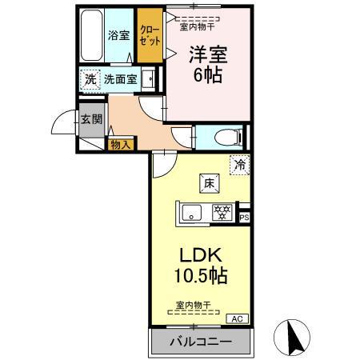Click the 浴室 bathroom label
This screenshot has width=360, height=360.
(118, 35)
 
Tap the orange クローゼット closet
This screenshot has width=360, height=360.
(150, 35)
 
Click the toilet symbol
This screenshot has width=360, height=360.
(227, 136)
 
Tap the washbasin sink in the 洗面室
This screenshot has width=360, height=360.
(148, 79)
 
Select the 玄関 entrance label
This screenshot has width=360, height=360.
(90, 120)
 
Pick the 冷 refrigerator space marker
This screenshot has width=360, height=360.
(239, 165)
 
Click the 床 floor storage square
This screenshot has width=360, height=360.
(206, 183)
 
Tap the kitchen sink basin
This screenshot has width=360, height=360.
(193, 213)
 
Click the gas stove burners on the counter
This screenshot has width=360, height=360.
(222, 213)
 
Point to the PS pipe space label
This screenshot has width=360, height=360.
(245, 217)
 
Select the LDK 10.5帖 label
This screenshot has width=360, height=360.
(202, 266)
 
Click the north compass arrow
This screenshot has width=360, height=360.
(293, 336)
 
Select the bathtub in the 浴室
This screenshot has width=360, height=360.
(92, 34)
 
